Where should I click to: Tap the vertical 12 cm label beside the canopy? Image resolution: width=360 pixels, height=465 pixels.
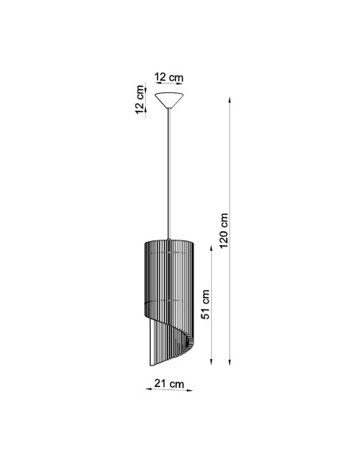141,99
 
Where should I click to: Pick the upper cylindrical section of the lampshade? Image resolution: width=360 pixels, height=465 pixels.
169,271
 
